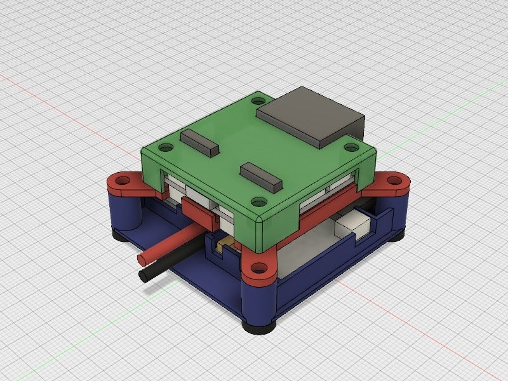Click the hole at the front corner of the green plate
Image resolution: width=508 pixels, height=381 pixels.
pos(258,202)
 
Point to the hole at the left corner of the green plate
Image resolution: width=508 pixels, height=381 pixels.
pos(166,148)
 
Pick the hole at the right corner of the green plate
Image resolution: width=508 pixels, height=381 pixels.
pos(351,147)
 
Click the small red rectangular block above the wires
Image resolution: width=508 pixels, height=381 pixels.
pos(199,209)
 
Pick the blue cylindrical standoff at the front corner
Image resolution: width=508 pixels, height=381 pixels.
pos(259,298)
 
